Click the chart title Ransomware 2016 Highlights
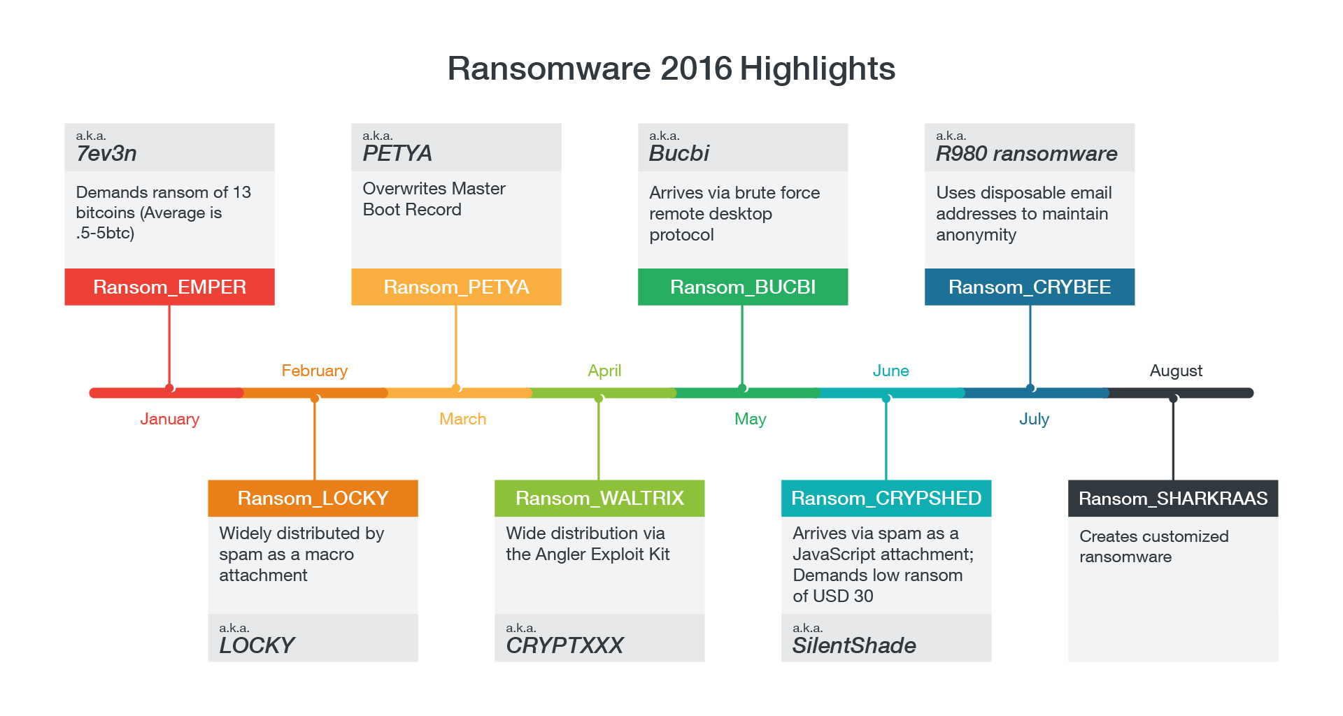pyautogui.click(x=671, y=69)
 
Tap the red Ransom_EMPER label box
pyautogui.click(x=169, y=287)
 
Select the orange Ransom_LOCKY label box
pyautogui.click(x=313, y=498)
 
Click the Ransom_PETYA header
pyautogui.click(x=456, y=287)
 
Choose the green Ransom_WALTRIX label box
pyautogui.click(x=599, y=498)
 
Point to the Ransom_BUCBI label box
pyautogui.click(x=743, y=287)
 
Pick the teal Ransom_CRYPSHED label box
pyautogui.click(x=886, y=498)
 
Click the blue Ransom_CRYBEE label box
pyautogui.click(x=1030, y=287)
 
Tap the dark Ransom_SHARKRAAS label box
pyautogui.click(x=1173, y=498)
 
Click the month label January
pyautogui.click(x=169, y=419)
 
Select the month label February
pyautogui.click(x=314, y=371)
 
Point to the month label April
pyautogui.click(x=604, y=371)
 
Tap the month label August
pyautogui.click(x=1176, y=371)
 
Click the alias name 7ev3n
pyautogui.click(x=106, y=153)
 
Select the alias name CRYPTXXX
pyautogui.click(x=564, y=645)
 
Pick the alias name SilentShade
pyautogui.click(x=854, y=645)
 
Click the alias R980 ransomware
pyautogui.click(x=1026, y=153)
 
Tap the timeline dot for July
pyautogui.click(x=1030, y=387)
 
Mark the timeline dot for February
pyautogui.click(x=315, y=398)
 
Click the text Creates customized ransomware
pyautogui.click(x=1153, y=546)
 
